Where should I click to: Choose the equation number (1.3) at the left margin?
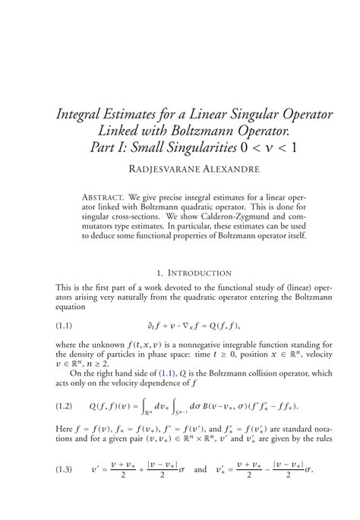(67, 490)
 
